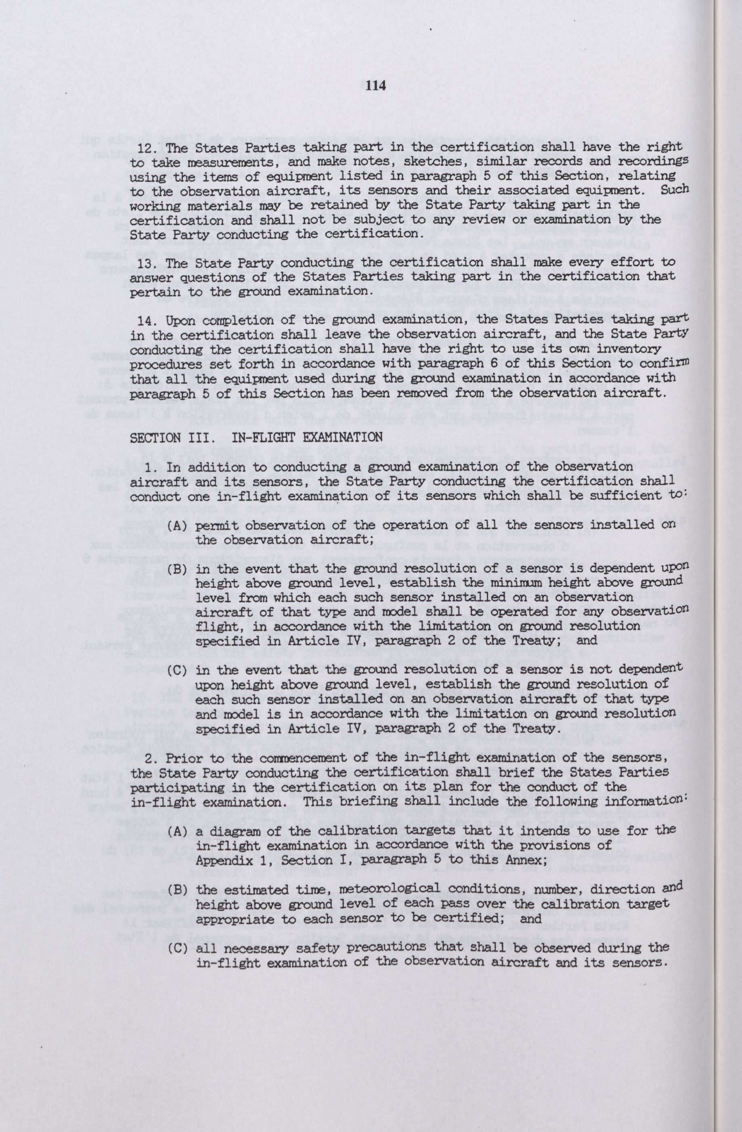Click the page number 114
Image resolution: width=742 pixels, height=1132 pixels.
click(375, 86)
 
